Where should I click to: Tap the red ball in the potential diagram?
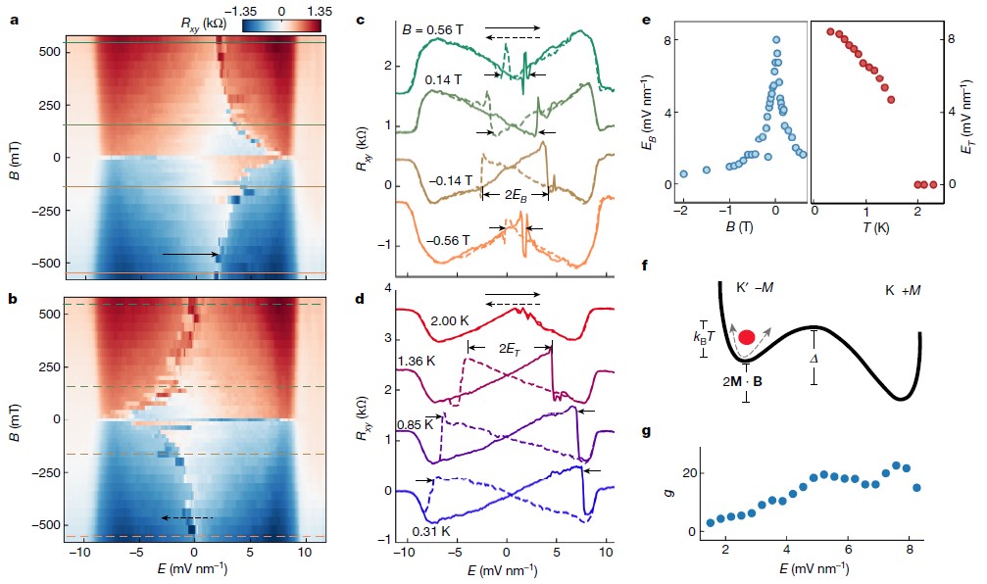click(x=746, y=338)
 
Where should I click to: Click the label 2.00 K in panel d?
click(x=453, y=320)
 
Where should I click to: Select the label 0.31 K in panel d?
click(x=431, y=531)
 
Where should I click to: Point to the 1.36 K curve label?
click(x=417, y=362)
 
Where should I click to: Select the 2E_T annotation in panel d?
click(x=510, y=348)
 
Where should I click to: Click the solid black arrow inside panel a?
click(x=191, y=255)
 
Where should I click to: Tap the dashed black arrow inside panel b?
click(x=186, y=517)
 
